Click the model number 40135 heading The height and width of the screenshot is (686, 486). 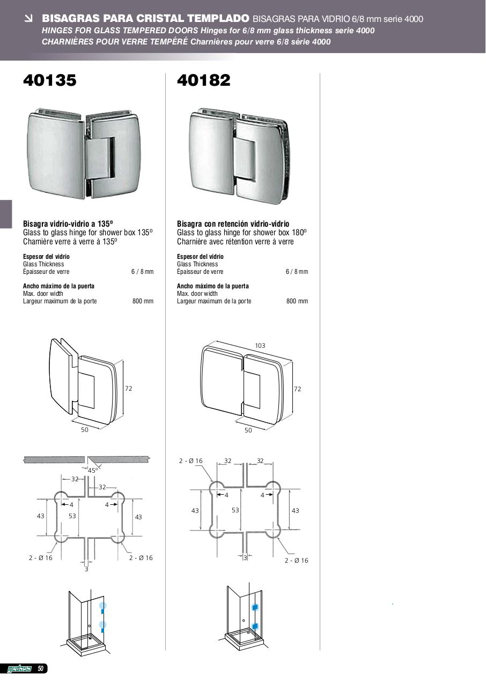click(x=50, y=80)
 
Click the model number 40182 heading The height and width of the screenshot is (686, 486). click(x=203, y=80)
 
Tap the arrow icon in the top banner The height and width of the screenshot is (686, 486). click(x=29, y=19)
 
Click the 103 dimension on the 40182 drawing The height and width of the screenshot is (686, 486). click(x=260, y=346)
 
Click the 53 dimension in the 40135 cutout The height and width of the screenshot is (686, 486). click(x=72, y=516)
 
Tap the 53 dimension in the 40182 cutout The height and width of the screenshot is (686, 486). click(x=235, y=510)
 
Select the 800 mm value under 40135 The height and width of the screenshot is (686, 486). click(x=143, y=301)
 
